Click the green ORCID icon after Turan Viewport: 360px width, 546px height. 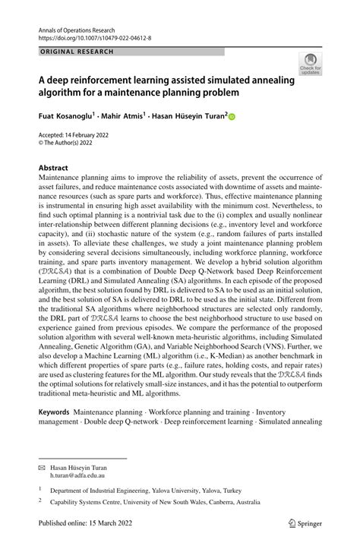(232, 117)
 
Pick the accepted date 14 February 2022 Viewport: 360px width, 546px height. (84, 134)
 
